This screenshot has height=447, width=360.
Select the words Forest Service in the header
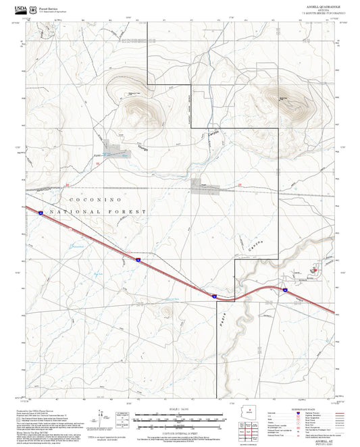(51, 7)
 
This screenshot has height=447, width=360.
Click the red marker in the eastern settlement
(313, 269)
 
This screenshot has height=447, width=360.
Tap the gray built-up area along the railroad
(201, 185)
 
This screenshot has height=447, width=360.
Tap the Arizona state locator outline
(249, 413)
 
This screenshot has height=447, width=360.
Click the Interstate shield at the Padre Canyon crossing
(213, 295)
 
